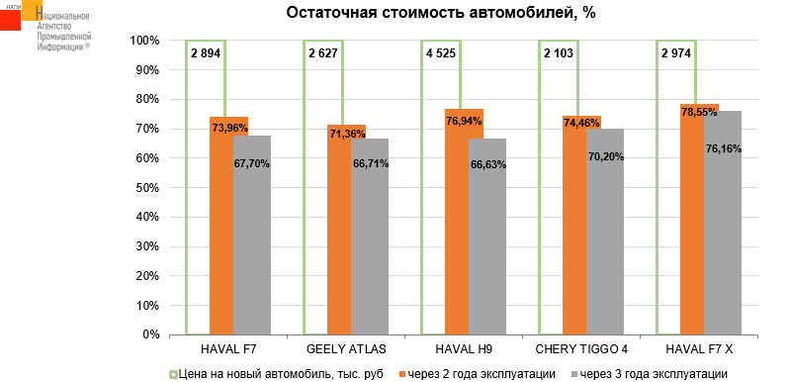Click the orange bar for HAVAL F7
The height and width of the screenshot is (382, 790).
[x=221, y=226]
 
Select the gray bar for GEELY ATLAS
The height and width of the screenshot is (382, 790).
[x=370, y=237]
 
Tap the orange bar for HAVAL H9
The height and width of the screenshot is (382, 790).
[x=457, y=222]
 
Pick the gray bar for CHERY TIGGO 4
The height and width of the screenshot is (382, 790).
[x=605, y=232]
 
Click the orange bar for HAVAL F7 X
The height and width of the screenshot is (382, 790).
[x=692, y=220]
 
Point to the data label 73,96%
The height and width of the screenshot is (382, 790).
[x=229, y=128]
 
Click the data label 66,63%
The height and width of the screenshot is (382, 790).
[x=487, y=165]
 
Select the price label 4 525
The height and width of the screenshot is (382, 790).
[x=439, y=52]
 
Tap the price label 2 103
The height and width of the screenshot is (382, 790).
[x=559, y=52]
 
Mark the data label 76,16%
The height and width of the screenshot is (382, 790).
[x=723, y=149]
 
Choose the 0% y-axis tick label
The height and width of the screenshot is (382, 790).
[x=152, y=334]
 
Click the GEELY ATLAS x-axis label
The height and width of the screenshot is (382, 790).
[x=346, y=349]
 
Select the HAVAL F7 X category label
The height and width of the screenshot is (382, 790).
[x=699, y=349]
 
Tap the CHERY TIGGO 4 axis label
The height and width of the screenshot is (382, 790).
[x=581, y=349]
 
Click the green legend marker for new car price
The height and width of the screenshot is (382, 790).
[x=173, y=374]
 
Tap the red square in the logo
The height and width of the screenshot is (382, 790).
[x=10, y=19]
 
